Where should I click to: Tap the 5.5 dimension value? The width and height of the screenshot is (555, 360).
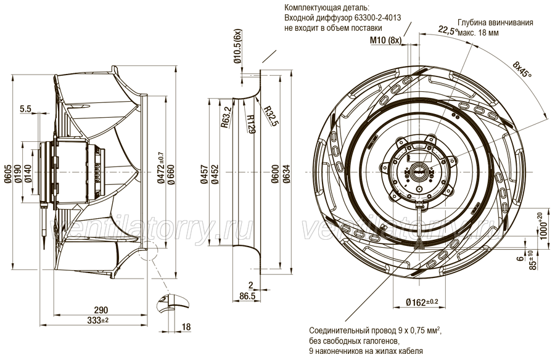coord(26,109)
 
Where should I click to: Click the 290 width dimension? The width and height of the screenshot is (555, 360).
coord(101,310)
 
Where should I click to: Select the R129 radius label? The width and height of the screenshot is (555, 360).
coord(250,124)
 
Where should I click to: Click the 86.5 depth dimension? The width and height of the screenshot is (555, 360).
coord(247,296)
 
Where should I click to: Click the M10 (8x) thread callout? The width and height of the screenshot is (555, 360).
coord(385,40)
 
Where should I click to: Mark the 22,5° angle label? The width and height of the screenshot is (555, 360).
coord(448,30)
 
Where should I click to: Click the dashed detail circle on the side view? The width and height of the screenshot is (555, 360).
coord(148,251)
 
